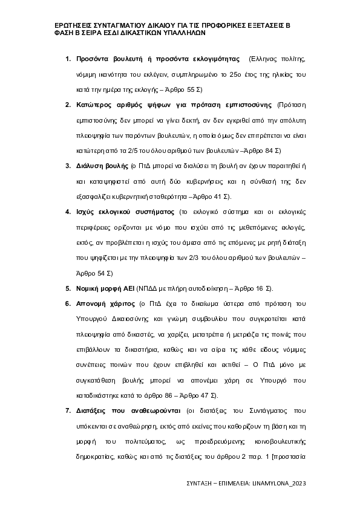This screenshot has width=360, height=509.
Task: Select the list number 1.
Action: pyautogui.click(x=68, y=60)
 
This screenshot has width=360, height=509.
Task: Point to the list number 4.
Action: pyautogui.click(x=68, y=212)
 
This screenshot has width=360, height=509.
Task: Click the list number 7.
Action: pyautogui.click(x=68, y=410)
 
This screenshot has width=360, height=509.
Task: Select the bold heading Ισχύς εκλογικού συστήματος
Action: pyautogui.click(x=125, y=212)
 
